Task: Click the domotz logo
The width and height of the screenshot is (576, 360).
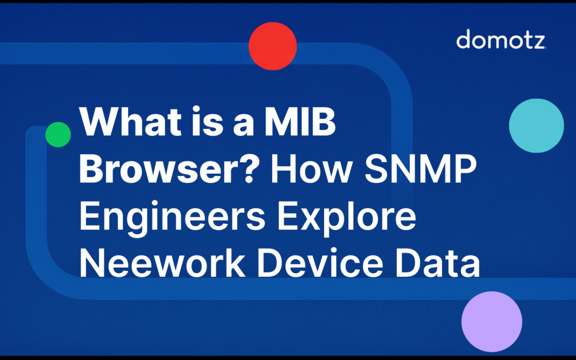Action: point(501,40)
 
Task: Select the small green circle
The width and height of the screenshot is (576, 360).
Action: point(58,134)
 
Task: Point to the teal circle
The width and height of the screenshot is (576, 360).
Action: point(536,126)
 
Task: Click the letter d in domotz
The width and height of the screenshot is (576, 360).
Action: point(464,40)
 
